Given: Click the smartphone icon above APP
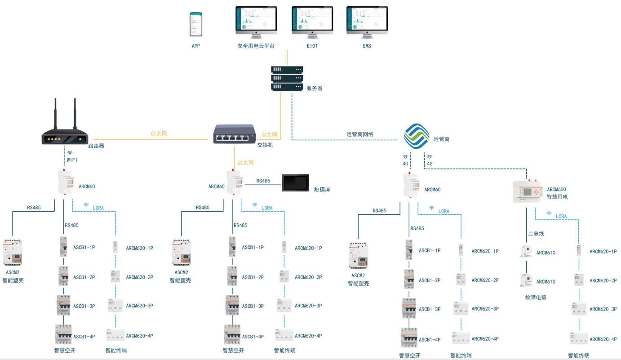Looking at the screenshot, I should (x=196, y=24).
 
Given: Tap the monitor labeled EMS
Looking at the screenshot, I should (x=367, y=21).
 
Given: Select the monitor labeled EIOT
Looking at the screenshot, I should (x=312, y=21).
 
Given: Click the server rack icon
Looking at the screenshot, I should (x=287, y=78).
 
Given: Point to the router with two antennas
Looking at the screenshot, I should (x=65, y=130).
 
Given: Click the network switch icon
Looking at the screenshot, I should (x=234, y=133).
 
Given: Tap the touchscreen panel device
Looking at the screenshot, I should (x=295, y=183).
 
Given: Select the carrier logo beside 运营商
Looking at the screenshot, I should (x=416, y=137).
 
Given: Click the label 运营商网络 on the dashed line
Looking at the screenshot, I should (x=360, y=134).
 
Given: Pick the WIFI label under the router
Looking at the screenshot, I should (x=72, y=160).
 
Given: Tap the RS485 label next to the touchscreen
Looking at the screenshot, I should (x=263, y=181).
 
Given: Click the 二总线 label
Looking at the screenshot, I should (x=536, y=234).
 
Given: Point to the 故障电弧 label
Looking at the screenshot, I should (x=536, y=297).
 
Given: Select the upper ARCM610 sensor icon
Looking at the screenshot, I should (x=526, y=251).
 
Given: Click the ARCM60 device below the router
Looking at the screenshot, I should (x=65, y=182).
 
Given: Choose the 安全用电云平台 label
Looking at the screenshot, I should (x=256, y=46).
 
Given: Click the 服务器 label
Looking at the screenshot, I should (x=315, y=89).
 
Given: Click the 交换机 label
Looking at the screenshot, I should (x=265, y=145).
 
